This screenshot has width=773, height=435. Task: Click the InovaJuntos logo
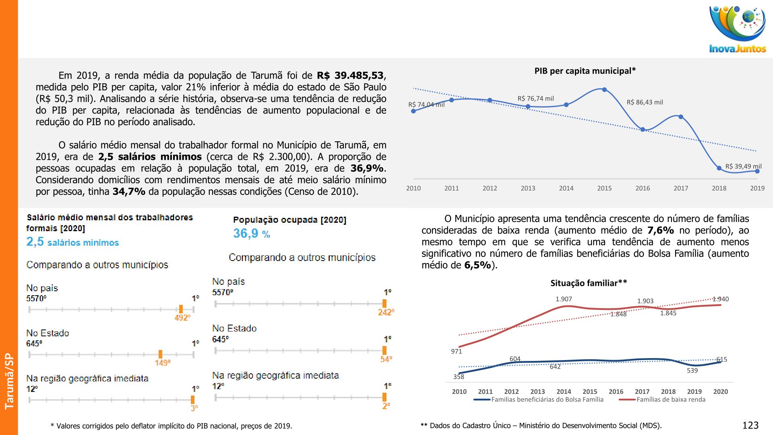click(x=738, y=30)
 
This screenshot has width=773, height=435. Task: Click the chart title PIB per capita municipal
click(x=585, y=71)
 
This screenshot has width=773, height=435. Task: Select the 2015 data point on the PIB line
click(x=604, y=89)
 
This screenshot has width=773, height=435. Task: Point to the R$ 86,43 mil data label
click(x=645, y=102)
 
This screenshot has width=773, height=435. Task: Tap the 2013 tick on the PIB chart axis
click(x=528, y=188)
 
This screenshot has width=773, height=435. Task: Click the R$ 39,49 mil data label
click(x=743, y=166)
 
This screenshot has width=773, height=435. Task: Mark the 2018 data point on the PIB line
click(x=719, y=168)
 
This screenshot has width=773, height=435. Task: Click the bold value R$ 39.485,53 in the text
click(x=350, y=75)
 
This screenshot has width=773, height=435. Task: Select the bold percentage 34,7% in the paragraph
click(x=129, y=191)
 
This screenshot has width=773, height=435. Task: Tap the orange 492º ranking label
click(x=182, y=318)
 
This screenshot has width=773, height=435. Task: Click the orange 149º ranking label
click(x=162, y=363)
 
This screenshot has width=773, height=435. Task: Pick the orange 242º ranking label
click(x=386, y=312)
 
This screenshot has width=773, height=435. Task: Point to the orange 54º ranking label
click(x=386, y=359)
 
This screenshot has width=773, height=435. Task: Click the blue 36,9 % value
click(x=252, y=234)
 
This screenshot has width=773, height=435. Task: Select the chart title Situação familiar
click(x=588, y=283)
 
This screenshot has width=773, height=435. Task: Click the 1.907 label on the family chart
click(x=564, y=299)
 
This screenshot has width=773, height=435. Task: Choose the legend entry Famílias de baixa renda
click(x=671, y=400)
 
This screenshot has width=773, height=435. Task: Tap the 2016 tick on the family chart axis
click(x=616, y=391)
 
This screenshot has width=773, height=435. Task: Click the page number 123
click(x=750, y=425)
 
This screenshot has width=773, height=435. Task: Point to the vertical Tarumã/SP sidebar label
click(x=9, y=381)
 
